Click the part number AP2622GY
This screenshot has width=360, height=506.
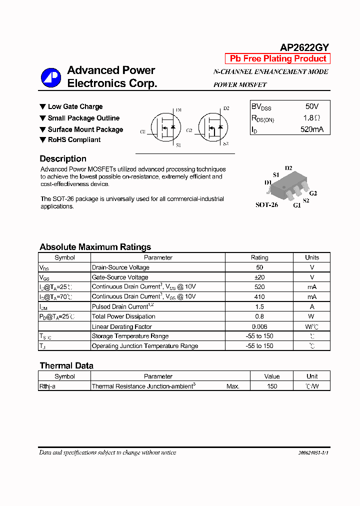pos(304,47)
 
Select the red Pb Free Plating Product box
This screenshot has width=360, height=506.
pos(278,58)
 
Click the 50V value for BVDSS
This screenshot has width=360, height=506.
pos(311,106)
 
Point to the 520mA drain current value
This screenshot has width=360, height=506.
pos(311,129)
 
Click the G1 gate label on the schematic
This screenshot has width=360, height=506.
pos(143,132)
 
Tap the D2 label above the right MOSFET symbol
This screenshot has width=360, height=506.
pos(226,108)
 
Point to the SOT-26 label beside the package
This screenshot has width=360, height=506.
pos(266,205)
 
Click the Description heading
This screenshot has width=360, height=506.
pos(63,159)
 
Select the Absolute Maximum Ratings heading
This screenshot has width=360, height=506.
pos(95,247)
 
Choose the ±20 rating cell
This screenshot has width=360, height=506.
pos(259,277)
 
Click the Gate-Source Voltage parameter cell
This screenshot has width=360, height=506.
pos(120,277)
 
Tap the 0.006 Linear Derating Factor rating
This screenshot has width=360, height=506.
pos(259,326)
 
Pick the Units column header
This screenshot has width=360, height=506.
pos(311,257)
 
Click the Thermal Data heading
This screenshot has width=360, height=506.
pos(66,365)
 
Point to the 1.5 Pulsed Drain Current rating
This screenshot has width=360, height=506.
pos(259,306)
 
